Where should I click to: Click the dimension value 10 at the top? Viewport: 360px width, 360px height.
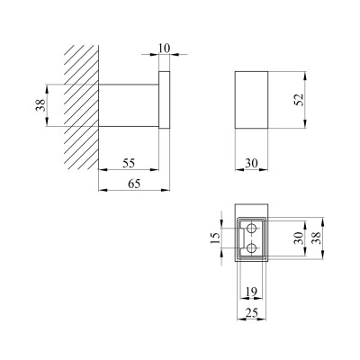pyautogui.click(x=164, y=49)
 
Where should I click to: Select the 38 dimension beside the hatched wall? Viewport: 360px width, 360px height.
pyautogui.click(x=40, y=105)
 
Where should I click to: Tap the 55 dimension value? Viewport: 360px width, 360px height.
pyautogui.click(x=129, y=163)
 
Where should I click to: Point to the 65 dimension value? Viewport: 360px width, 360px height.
pyautogui.click(x=134, y=184)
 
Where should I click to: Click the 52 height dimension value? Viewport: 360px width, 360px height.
pyautogui.click(x=299, y=100)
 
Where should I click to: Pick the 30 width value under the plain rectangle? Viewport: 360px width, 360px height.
pyautogui.click(x=251, y=163)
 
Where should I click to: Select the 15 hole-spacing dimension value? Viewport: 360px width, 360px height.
pyautogui.click(x=216, y=238)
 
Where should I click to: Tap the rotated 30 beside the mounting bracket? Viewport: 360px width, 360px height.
pyautogui.click(x=299, y=238)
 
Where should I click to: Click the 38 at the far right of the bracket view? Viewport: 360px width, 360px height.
pyautogui.click(x=316, y=238)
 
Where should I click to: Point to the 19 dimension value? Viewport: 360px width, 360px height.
pyautogui.click(x=251, y=292)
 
